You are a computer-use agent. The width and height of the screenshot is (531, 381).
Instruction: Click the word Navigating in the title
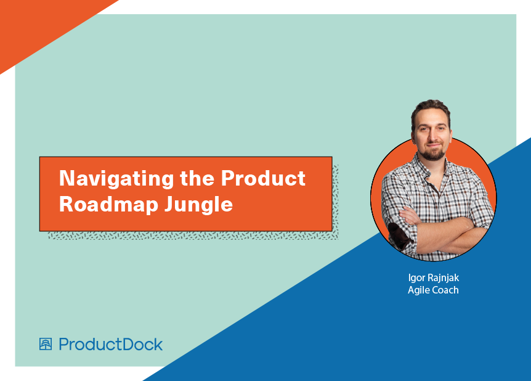coord(116,179)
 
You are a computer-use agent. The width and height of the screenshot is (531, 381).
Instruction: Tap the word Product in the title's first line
coord(263,178)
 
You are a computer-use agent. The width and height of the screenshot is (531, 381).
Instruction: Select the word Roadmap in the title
coord(108,205)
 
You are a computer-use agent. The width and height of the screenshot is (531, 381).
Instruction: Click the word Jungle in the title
coord(199,205)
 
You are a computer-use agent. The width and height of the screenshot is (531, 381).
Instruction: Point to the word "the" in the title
coord(197,178)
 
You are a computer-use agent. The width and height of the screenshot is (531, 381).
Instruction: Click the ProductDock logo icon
coord(46,344)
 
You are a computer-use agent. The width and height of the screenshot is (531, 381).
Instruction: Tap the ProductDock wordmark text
coord(111,345)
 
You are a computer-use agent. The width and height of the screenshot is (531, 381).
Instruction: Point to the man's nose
coord(432,136)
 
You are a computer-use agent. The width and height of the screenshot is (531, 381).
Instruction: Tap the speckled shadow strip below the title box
coord(193,236)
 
